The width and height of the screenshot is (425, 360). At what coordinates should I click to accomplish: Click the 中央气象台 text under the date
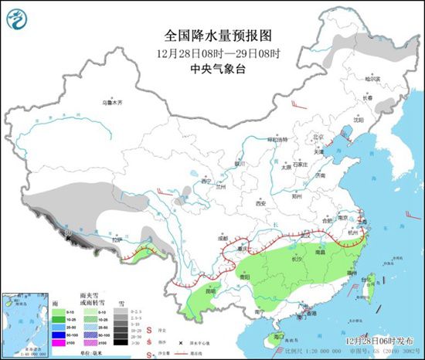click(212, 68)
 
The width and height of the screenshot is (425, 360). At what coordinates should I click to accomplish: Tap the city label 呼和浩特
click(276, 140)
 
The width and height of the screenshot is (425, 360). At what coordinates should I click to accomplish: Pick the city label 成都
click(224, 239)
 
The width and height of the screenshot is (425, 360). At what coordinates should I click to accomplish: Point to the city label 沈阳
click(358, 120)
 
